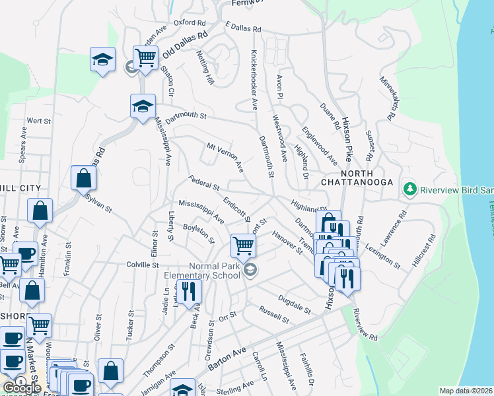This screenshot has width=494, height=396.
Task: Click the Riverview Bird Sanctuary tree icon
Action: (410, 189)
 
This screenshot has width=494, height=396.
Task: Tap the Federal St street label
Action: (203, 180)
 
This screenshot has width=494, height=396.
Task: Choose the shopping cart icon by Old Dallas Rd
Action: (145, 57)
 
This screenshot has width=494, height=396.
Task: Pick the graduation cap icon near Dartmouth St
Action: (142, 106)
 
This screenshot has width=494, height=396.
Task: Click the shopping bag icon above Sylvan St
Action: (84, 178)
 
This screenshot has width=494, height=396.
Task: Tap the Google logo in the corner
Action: (22, 388)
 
